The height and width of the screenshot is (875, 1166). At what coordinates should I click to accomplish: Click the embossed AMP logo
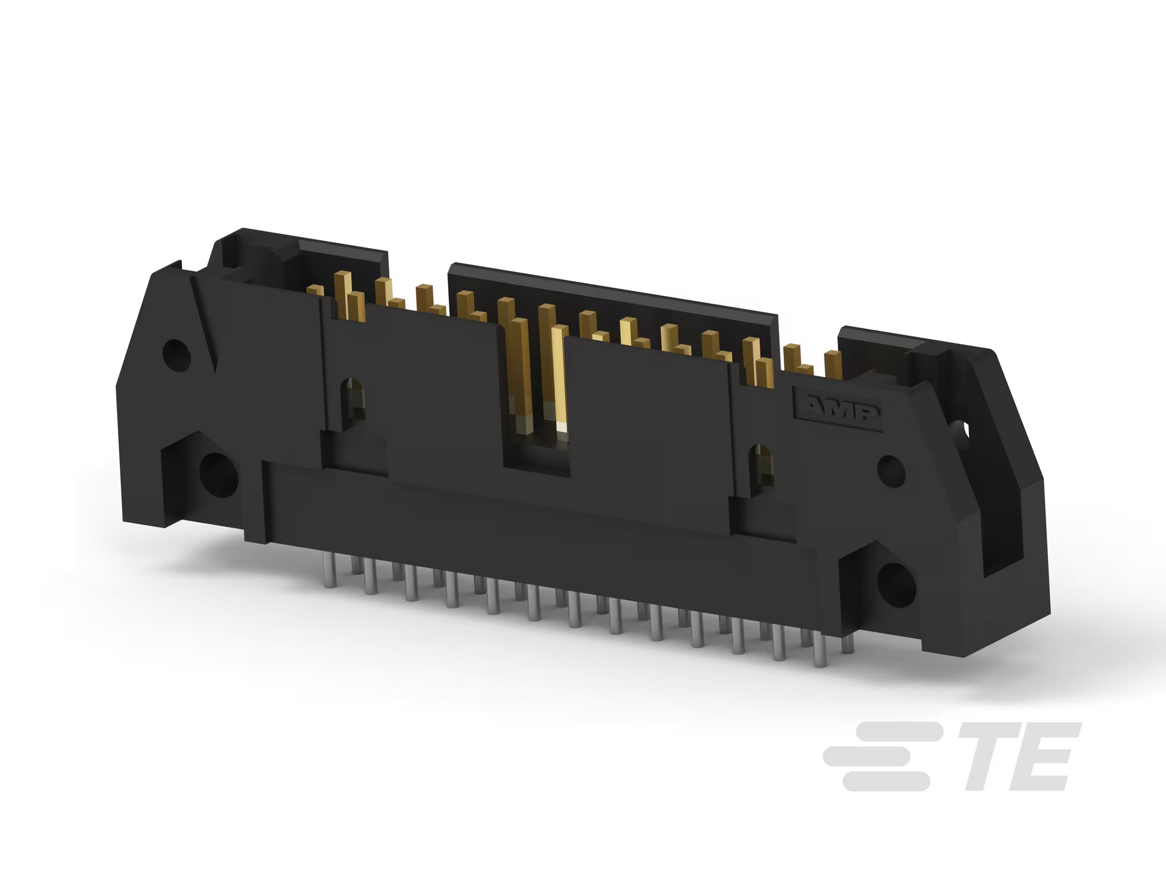click(x=838, y=410)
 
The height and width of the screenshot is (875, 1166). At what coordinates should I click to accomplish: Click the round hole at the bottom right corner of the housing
click(x=896, y=583)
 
